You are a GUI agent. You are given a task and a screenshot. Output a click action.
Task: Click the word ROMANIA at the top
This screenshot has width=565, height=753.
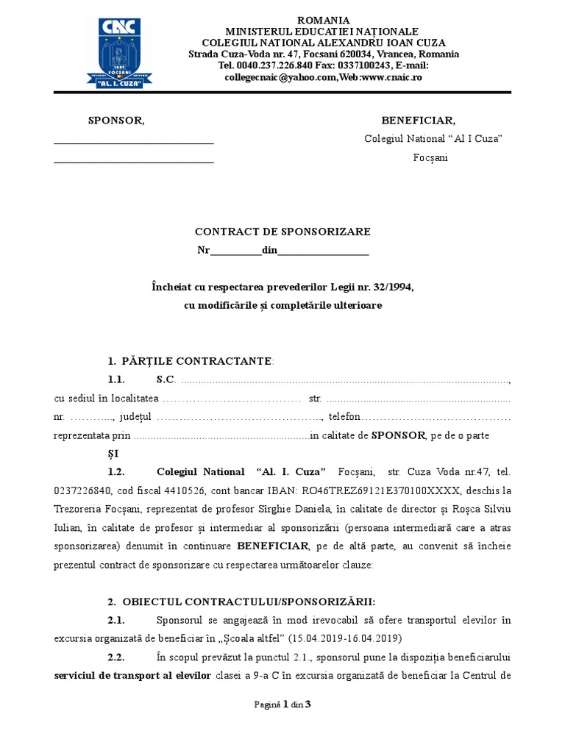coord(323,20)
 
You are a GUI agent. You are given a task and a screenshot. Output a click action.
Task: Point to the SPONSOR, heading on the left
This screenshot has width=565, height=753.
coord(116,121)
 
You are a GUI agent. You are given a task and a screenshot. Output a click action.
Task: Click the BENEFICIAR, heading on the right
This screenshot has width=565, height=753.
coord(418,121)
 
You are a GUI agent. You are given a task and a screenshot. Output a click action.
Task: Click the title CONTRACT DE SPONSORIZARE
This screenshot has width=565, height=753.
coord(282,232)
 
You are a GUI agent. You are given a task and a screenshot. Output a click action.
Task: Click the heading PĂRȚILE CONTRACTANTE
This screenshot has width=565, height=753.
coord(196,361)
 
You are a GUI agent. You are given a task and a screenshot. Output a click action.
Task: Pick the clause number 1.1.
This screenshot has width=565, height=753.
coord(117,379)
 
